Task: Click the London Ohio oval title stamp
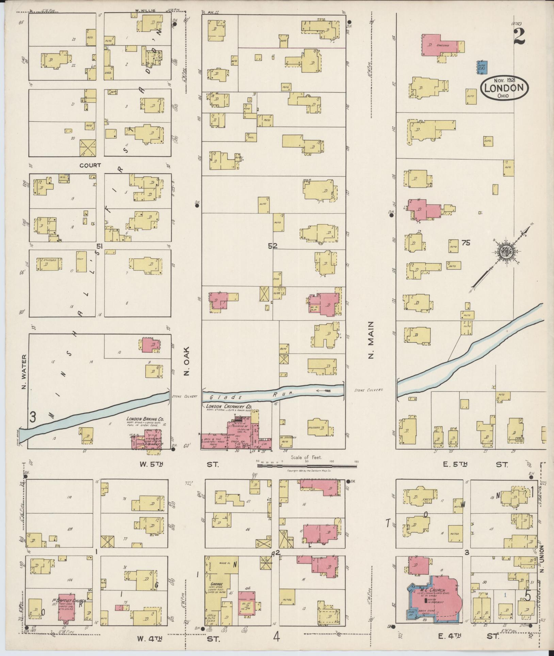tap(504, 89)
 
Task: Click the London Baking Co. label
tap(145, 419)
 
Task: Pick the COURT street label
tap(90, 165)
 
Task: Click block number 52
tap(272, 246)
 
